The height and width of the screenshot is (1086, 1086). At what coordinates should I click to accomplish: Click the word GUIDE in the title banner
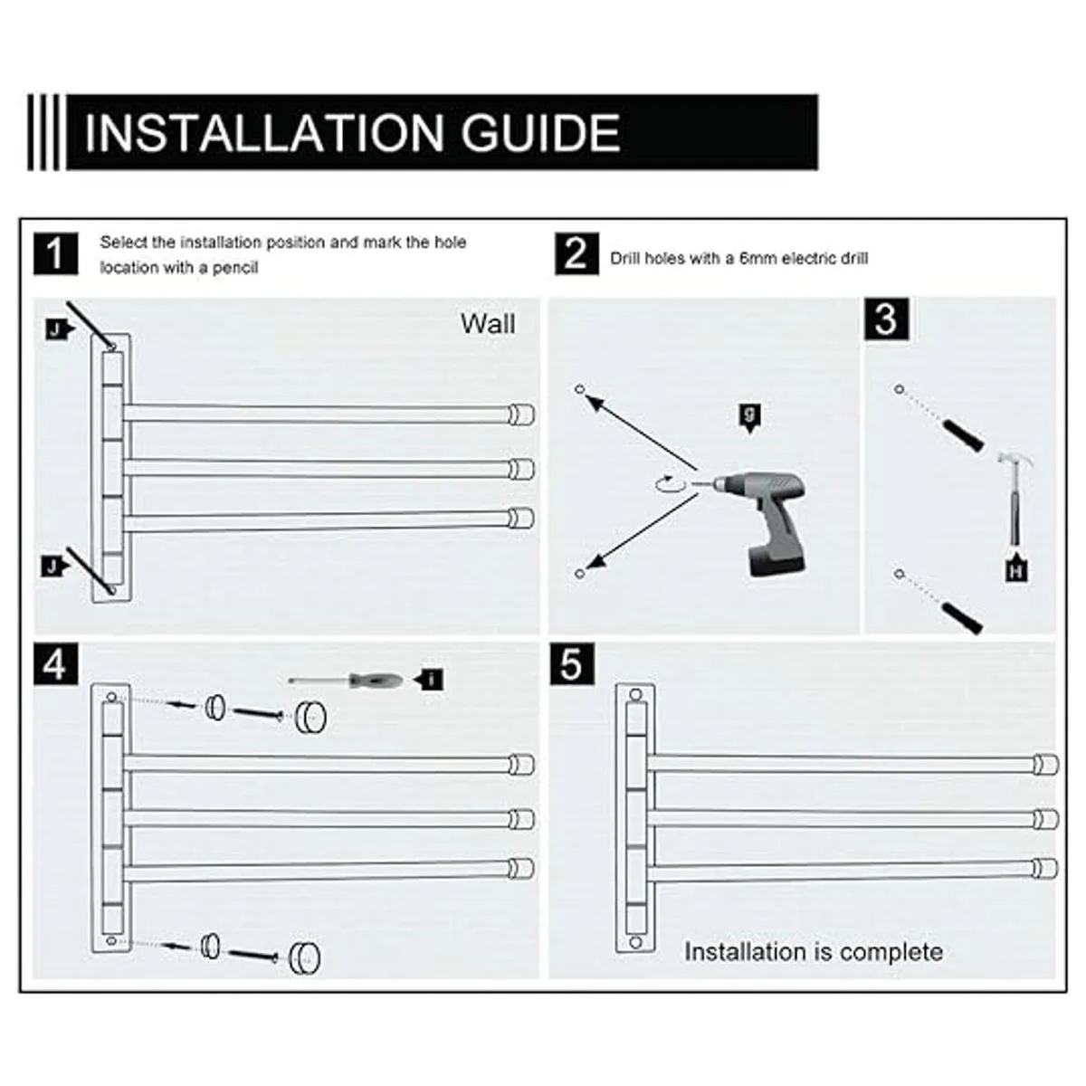pos(540,133)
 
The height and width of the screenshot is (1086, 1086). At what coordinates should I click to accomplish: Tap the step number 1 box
pos(55,254)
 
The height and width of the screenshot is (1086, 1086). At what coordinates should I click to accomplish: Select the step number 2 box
pos(576,254)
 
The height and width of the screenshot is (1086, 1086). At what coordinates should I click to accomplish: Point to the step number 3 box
pos(887,319)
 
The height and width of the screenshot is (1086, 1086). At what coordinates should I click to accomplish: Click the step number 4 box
pos(55,664)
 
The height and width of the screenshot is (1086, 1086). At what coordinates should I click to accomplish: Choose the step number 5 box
pos(571,664)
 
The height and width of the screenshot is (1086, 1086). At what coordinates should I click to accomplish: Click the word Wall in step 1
pos(488,323)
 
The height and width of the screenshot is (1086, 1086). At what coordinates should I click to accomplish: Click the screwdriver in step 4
pos(346,681)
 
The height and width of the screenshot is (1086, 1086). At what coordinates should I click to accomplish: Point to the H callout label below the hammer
pos(1016,569)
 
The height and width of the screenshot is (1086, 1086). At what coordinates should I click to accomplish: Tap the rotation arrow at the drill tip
pos(671,484)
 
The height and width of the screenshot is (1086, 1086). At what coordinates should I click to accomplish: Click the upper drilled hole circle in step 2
pos(579,389)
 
